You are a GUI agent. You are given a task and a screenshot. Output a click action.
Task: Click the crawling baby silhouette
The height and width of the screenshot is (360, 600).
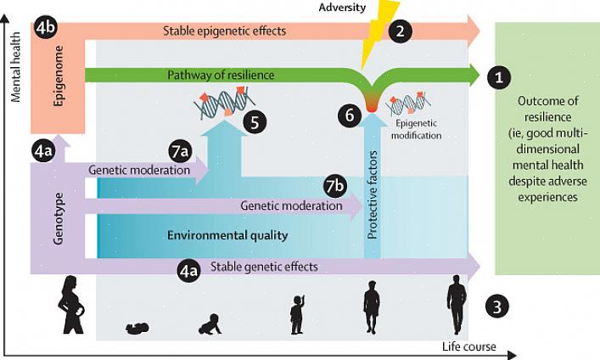210,324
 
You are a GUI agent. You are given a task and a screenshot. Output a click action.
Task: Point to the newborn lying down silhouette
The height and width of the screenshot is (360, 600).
137,328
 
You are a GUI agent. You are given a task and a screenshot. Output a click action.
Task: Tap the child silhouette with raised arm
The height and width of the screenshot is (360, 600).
297,314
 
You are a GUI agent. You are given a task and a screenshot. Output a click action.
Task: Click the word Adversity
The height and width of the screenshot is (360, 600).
343,8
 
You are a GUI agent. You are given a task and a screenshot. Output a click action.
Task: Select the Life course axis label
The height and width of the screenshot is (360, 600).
468,346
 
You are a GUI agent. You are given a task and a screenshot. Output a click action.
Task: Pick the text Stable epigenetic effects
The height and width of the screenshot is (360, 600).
225,31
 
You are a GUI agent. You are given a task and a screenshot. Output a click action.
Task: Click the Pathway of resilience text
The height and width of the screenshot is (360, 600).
221,76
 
